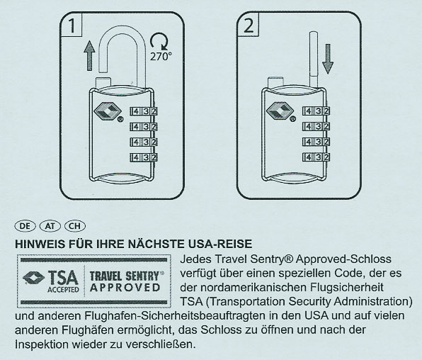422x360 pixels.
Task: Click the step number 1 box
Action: click(72, 27)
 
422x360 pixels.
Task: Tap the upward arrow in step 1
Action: click(89, 55)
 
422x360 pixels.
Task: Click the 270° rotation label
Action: click(161, 55)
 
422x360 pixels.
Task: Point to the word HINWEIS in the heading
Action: click(41, 243)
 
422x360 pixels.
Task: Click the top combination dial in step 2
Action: click(316, 111)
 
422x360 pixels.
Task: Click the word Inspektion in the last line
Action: click(41, 344)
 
